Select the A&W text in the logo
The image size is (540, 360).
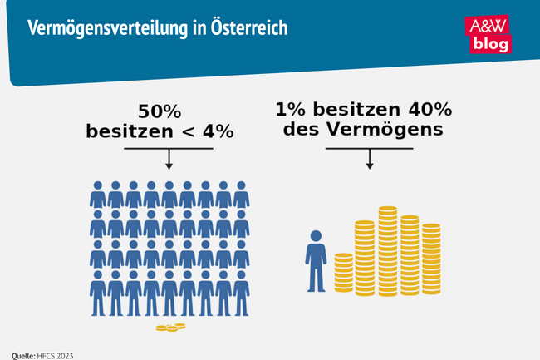(x=490, y=25)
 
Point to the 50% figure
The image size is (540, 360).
(x=160, y=112)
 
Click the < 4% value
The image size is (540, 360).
(x=209, y=131)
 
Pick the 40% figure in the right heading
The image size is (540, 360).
(x=430, y=110)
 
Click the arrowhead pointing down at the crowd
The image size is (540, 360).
(x=169, y=165)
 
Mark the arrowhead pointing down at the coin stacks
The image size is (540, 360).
(x=370, y=165)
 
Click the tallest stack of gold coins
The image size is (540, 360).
(x=388, y=249)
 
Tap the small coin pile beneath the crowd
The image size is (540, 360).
(x=170, y=328)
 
